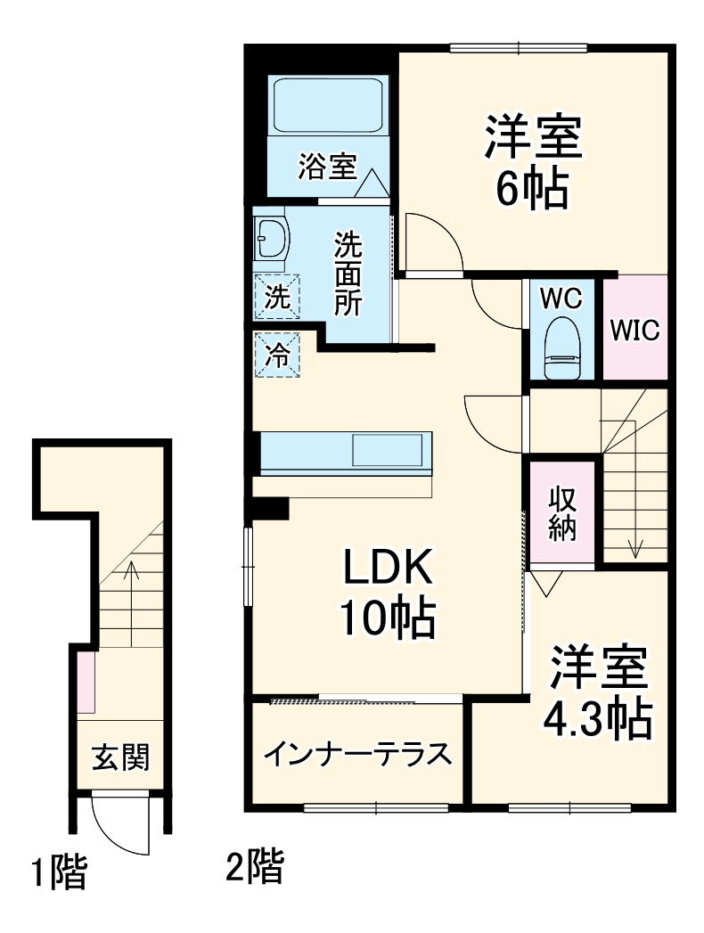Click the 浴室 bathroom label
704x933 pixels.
coord(327,167)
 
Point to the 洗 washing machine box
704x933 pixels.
coord(278,297)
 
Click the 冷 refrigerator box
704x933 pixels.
coord(278,355)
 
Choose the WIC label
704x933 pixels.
coord(634,330)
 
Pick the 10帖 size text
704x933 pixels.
coord(388,618)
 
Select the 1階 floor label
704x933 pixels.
coord(60,872)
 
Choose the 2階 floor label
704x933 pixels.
coord(255,866)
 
